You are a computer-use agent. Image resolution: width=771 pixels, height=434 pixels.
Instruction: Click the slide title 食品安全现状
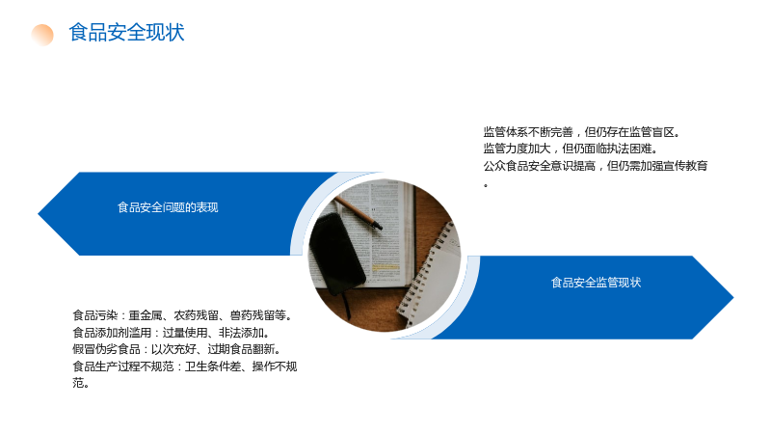127,33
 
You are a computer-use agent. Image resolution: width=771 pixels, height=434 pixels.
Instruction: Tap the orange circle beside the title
42,35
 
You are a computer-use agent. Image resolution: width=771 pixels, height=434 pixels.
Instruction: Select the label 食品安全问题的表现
168,207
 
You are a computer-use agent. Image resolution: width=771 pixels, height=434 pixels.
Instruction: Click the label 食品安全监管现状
596,283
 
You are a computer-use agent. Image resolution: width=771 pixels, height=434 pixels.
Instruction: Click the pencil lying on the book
358,212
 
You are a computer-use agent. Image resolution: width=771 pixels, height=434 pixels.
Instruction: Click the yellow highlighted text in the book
385,267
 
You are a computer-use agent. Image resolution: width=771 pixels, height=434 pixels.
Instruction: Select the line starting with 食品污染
183,315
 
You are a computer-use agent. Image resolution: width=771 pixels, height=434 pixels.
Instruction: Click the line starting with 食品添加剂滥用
172,333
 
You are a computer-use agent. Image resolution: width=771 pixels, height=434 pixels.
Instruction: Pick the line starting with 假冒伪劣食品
177,349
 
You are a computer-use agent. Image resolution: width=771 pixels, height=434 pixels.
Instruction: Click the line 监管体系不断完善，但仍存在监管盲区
582,132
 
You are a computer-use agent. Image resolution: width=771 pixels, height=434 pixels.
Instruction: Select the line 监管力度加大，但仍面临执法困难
571,149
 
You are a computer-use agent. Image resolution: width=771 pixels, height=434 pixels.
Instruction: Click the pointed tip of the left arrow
39,213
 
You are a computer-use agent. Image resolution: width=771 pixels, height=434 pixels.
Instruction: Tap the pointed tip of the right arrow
733,297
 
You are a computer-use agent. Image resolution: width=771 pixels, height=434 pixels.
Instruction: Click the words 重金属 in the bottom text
146,315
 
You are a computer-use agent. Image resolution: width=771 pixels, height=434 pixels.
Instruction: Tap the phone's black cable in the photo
347,305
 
